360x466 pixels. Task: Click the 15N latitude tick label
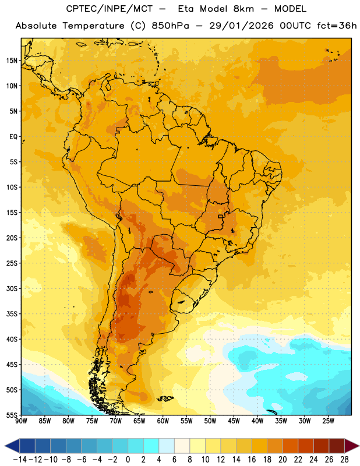click(12, 61)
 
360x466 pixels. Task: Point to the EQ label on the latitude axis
click(13, 137)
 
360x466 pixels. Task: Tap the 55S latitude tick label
click(12, 415)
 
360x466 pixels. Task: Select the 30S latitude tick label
click(12, 288)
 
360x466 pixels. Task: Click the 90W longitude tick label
click(21, 421)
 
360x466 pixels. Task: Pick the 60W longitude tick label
click(163, 421)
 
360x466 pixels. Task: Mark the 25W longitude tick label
click(328, 421)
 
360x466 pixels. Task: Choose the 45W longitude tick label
click(234, 421)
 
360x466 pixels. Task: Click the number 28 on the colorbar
click(344, 460)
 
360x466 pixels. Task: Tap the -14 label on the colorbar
click(20, 460)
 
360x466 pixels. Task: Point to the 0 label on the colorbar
click(128, 460)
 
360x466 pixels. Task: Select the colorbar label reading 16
click(252, 460)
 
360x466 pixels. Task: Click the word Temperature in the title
click(93, 26)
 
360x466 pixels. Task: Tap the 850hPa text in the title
click(170, 26)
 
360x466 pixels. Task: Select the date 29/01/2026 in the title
click(241, 26)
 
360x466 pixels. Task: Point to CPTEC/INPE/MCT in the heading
click(109, 9)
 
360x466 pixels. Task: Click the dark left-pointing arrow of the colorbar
click(12, 446)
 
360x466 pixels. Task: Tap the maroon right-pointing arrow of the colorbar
click(352, 446)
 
